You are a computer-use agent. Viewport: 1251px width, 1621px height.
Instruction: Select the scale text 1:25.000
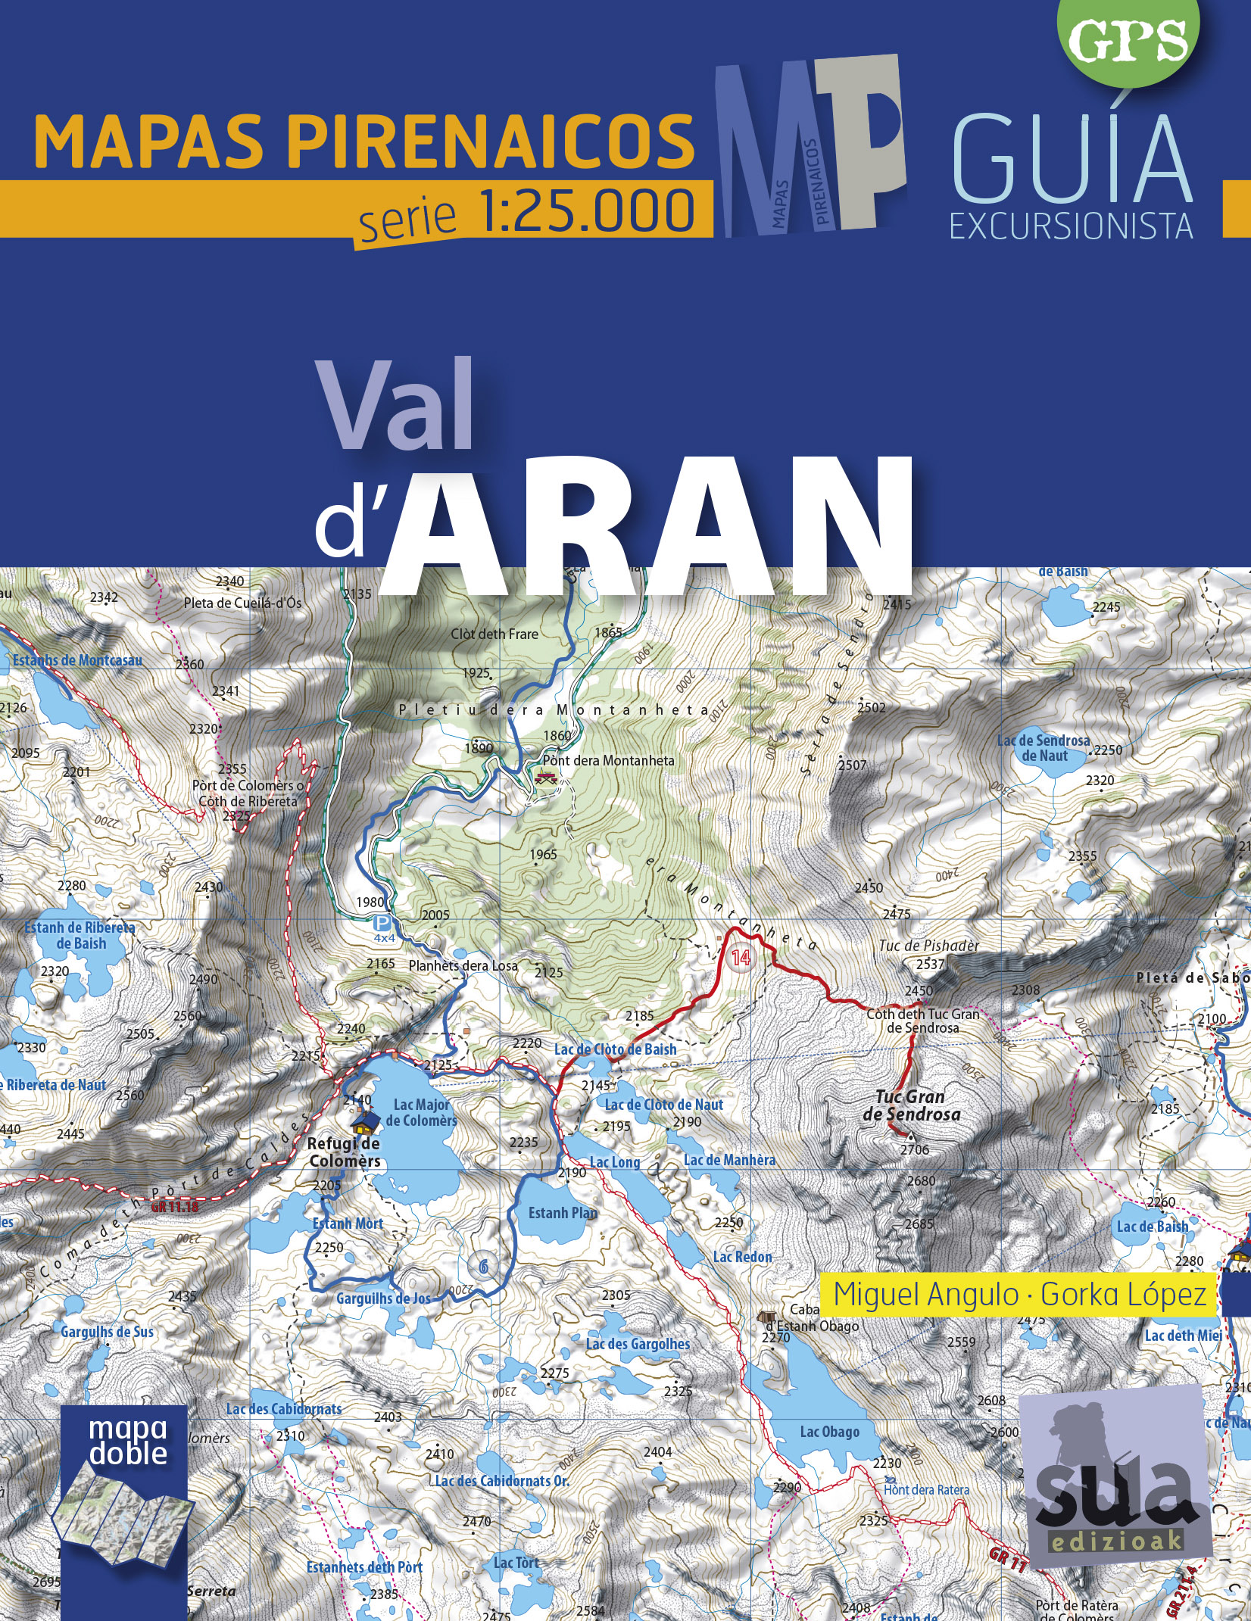[x=587, y=211]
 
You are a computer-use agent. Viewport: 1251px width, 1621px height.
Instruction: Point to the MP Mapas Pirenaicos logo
[x=810, y=144]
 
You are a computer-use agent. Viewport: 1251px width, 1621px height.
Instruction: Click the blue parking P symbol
[x=383, y=923]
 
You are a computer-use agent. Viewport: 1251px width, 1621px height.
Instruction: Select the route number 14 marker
[x=740, y=958]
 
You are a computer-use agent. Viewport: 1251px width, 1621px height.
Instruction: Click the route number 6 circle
[x=483, y=1265]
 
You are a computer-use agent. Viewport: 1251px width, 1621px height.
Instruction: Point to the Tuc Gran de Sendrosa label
[x=911, y=1105]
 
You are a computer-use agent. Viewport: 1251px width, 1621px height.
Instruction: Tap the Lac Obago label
[x=829, y=1432]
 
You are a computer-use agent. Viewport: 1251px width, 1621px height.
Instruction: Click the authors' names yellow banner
[x=1019, y=1295]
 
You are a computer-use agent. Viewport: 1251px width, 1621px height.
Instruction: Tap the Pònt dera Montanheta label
[x=608, y=760]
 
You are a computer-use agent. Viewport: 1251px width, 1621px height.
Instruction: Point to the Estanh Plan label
[x=563, y=1213]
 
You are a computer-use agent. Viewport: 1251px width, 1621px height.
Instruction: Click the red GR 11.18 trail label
[x=174, y=1207]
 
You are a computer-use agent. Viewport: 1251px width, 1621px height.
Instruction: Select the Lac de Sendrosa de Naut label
[x=1044, y=748]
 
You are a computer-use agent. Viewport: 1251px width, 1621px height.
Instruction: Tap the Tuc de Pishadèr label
[x=929, y=946]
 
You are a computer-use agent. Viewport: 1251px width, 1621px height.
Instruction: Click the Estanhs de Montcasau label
[x=77, y=660]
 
